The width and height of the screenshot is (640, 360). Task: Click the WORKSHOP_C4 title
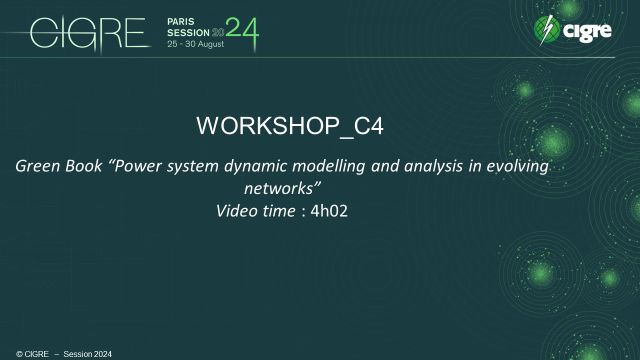pos(290,127)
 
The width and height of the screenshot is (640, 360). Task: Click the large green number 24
pos(242,32)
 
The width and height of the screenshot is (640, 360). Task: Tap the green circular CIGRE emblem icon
pos(546,30)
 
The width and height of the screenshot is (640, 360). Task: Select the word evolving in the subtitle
pos(517,167)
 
